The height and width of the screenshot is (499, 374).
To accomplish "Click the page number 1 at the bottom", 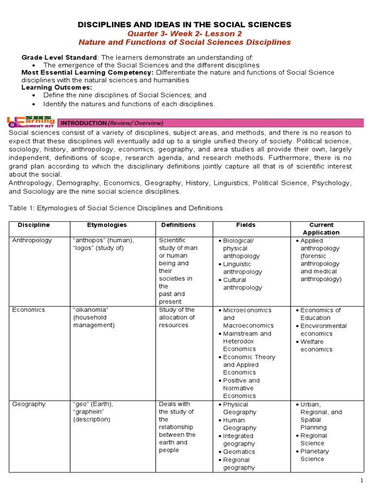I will pyautogui.click(x=362, y=481).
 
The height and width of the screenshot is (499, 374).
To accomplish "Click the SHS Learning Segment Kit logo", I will pyautogui.click(x=31, y=122).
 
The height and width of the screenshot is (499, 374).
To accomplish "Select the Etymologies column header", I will pyautogui.click(x=107, y=225).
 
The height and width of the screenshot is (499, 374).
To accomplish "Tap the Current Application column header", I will pyautogui.click(x=321, y=229).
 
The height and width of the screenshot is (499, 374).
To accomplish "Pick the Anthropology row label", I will pyautogui.click(x=32, y=240).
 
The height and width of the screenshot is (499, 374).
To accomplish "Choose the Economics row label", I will pyautogui.click(x=28, y=310).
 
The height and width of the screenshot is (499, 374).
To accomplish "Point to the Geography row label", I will pyautogui.click(x=29, y=404).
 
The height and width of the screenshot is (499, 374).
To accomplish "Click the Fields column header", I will pyautogui.click(x=245, y=225).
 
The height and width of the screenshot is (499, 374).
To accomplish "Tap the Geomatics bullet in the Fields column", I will pyautogui.click(x=239, y=452).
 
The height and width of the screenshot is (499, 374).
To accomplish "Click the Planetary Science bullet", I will pyautogui.click(x=315, y=455).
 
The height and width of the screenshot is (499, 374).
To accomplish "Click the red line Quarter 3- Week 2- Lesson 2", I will pyautogui.click(x=185, y=33).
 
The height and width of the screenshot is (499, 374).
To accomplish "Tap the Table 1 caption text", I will pyautogui.click(x=116, y=208).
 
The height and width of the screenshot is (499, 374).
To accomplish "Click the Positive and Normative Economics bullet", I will pyautogui.click(x=241, y=388).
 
